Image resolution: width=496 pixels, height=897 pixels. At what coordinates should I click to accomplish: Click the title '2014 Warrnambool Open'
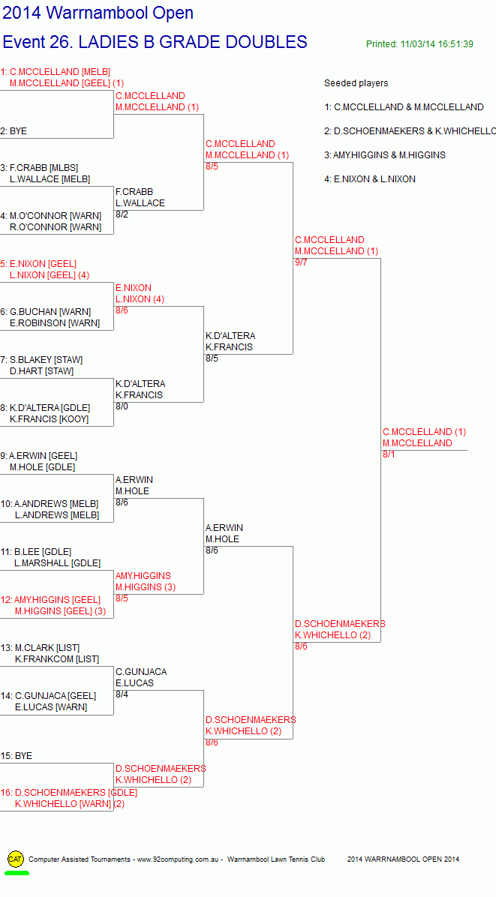(98, 13)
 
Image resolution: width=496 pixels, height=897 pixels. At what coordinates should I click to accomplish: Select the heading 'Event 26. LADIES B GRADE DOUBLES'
(155, 42)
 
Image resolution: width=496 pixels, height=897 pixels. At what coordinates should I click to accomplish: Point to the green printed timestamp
(419, 44)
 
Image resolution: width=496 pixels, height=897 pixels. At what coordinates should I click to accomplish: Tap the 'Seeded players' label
(356, 83)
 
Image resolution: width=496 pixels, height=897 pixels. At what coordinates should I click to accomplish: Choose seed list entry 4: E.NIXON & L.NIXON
(370, 179)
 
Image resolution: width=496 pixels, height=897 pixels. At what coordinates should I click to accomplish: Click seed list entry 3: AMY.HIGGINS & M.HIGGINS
(384, 155)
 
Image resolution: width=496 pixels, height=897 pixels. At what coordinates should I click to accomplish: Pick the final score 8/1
(389, 454)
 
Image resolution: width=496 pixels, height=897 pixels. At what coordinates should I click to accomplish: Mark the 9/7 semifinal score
(301, 262)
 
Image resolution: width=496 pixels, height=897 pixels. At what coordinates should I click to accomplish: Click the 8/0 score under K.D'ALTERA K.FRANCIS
(122, 406)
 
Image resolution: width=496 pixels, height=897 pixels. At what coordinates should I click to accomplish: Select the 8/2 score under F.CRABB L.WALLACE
(122, 214)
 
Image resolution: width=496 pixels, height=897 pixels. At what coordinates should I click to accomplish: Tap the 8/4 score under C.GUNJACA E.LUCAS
(122, 694)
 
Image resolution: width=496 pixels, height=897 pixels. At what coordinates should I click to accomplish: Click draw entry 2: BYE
(14, 131)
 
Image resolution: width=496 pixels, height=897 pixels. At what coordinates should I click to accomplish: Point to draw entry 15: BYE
(16, 756)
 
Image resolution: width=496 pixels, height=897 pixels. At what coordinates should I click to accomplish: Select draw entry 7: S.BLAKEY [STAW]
(41, 360)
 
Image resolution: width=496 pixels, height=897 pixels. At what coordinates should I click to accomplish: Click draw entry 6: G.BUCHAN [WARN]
(46, 312)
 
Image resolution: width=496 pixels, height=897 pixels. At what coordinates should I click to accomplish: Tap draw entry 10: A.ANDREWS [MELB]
(50, 504)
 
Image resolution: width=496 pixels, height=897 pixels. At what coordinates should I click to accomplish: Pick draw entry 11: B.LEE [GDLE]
(36, 552)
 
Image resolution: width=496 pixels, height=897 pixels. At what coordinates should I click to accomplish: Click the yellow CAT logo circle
(16, 859)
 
